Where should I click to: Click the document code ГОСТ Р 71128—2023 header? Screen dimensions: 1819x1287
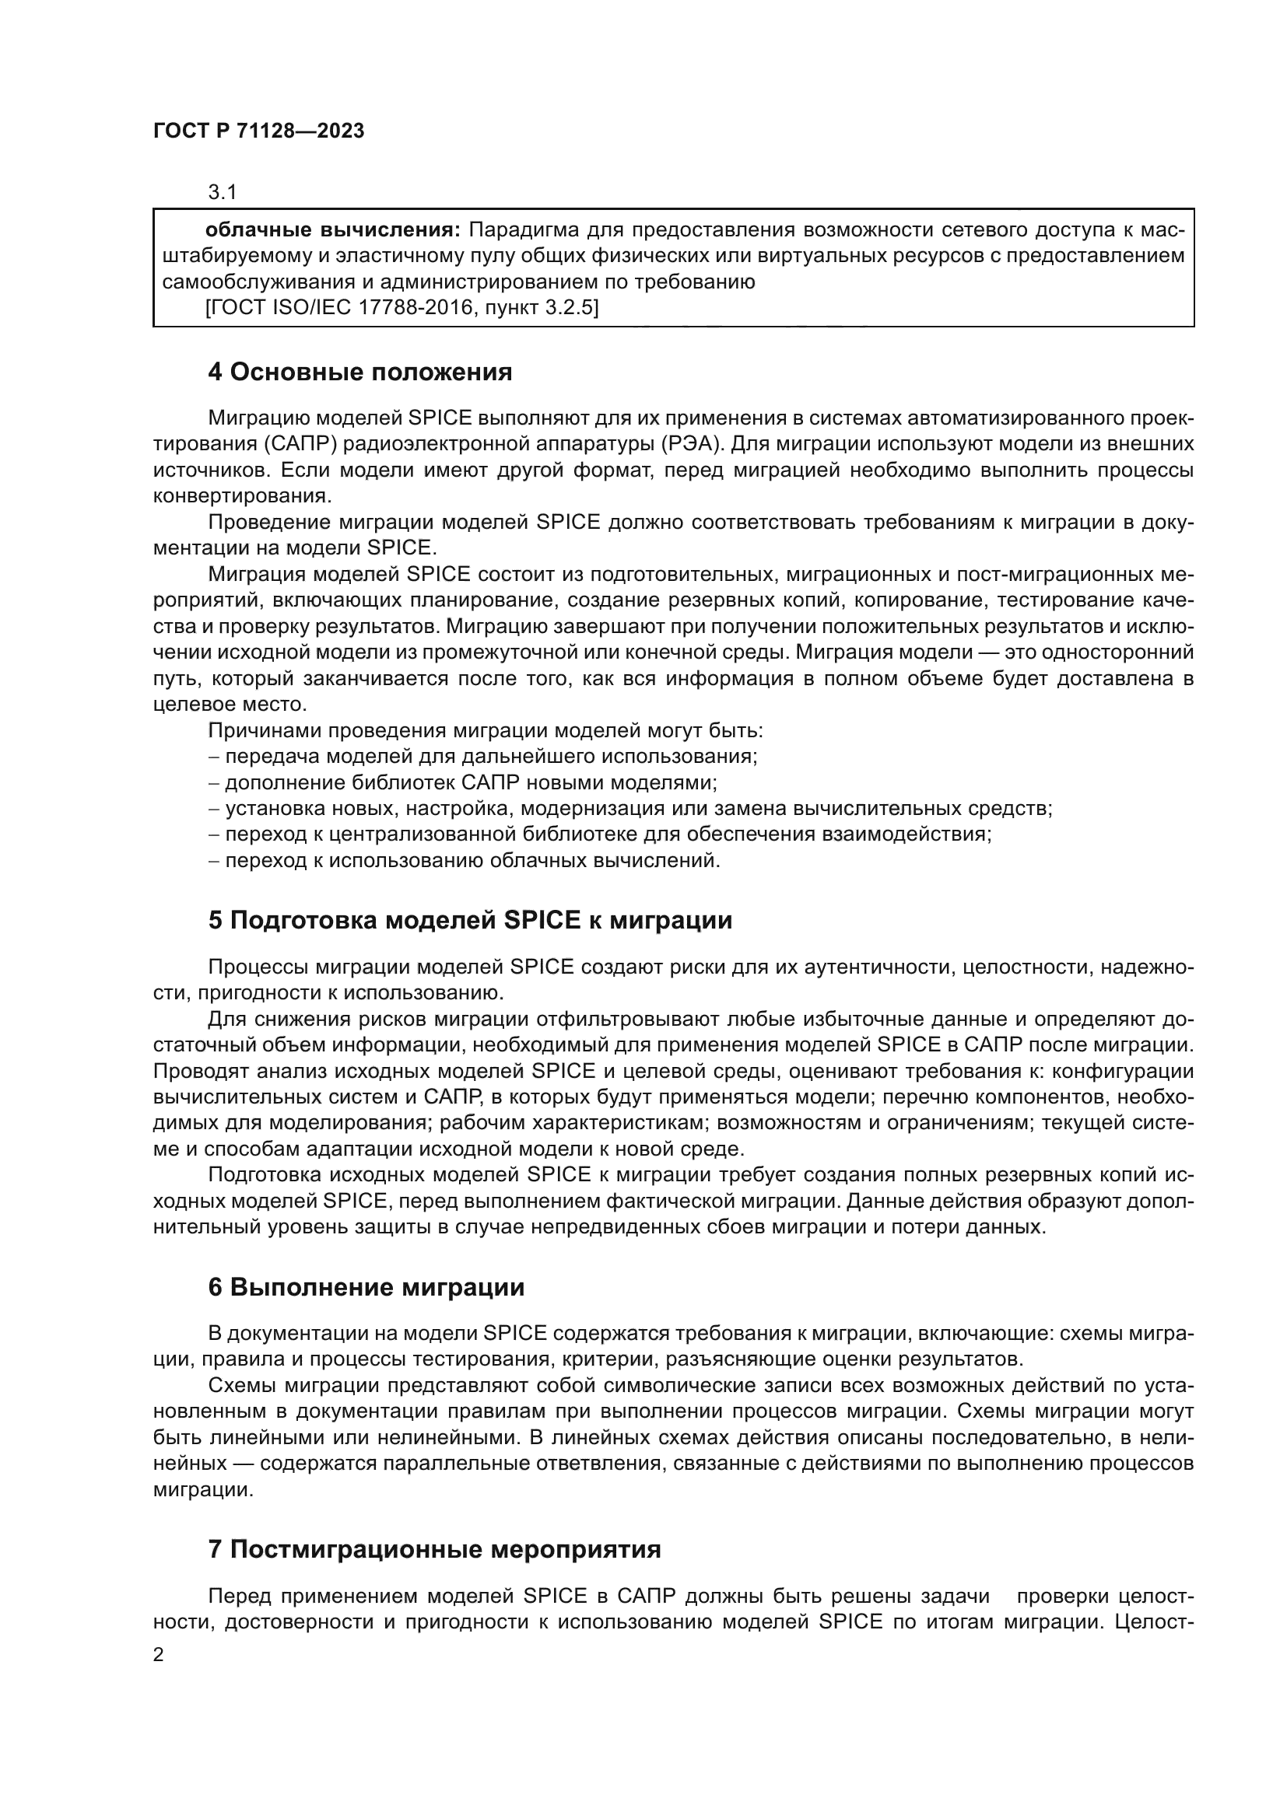coord(258,131)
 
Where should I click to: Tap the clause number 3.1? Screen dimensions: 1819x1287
coord(223,192)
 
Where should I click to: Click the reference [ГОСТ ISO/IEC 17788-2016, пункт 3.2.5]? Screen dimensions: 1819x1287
coord(402,307)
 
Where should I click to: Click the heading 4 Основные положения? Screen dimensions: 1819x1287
coord(359,372)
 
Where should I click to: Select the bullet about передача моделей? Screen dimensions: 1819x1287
coord(483,757)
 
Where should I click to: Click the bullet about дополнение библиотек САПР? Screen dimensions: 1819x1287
coord(463,783)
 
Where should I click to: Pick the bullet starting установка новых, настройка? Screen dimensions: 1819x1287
coord(630,809)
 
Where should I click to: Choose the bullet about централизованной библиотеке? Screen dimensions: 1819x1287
coord(600,834)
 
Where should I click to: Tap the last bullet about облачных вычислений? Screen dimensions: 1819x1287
coord(465,860)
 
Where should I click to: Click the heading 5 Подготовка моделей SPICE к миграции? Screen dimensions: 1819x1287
coord(470,920)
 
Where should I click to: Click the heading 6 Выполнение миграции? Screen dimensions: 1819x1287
coord(366,1287)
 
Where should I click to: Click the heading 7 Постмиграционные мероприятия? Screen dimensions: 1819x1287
coord(434,1549)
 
